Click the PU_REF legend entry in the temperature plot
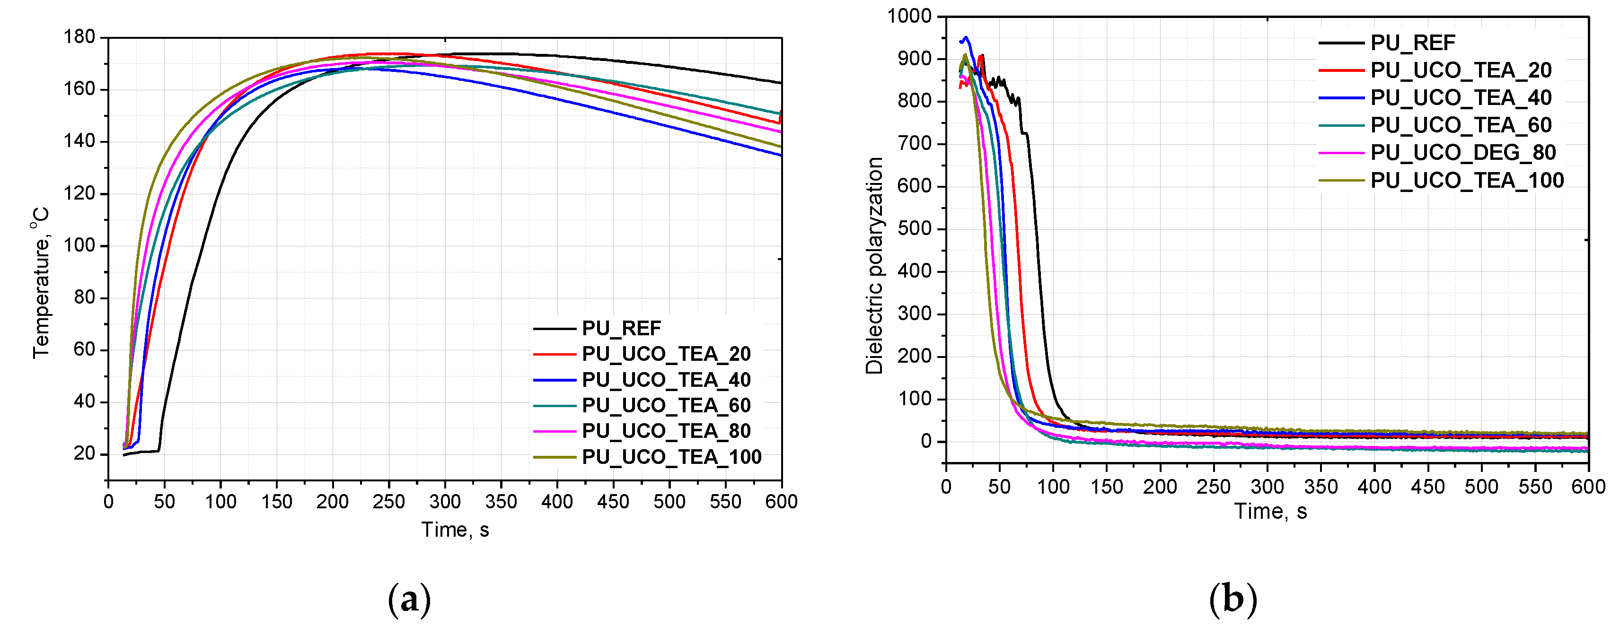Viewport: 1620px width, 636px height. [621, 328]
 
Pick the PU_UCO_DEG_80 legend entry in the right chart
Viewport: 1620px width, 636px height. [1463, 153]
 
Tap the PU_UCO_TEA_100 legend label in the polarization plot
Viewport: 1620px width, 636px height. [1467, 180]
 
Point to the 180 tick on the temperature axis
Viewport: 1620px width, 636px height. [79, 37]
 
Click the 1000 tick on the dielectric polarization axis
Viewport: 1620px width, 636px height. [909, 17]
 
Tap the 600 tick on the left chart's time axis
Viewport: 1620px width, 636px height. [782, 502]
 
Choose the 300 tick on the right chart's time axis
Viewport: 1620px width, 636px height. [1267, 487]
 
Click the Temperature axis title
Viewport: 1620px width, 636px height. [40, 283]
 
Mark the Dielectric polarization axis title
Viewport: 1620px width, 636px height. [874, 265]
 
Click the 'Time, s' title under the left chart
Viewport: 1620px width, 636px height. [455, 530]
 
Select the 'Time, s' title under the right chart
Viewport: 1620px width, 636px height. [1270, 512]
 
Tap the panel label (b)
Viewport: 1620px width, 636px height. [1233, 600]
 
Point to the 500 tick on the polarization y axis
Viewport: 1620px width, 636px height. [915, 229]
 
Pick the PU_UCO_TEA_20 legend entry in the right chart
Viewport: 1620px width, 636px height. [1460, 70]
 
